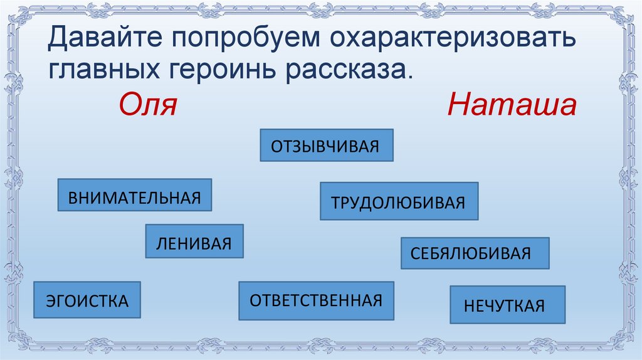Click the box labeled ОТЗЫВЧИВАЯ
click(326, 146)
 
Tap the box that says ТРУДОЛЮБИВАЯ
click(399, 201)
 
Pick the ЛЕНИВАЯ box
click(194, 241)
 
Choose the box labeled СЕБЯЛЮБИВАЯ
click(475, 253)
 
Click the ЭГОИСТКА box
click(87, 300)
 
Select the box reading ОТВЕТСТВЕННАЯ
click(316, 300)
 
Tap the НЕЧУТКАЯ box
click(507, 305)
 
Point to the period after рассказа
click(411, 76)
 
